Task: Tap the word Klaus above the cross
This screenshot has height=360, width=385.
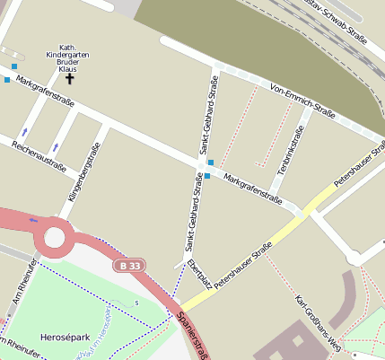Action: coord(67,69)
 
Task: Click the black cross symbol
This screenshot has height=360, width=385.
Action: coord(69,79)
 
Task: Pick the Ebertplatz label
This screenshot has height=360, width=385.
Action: coord(199,274)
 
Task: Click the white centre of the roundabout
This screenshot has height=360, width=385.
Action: coord(54,239)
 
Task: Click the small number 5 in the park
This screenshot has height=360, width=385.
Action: coord(137,303)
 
